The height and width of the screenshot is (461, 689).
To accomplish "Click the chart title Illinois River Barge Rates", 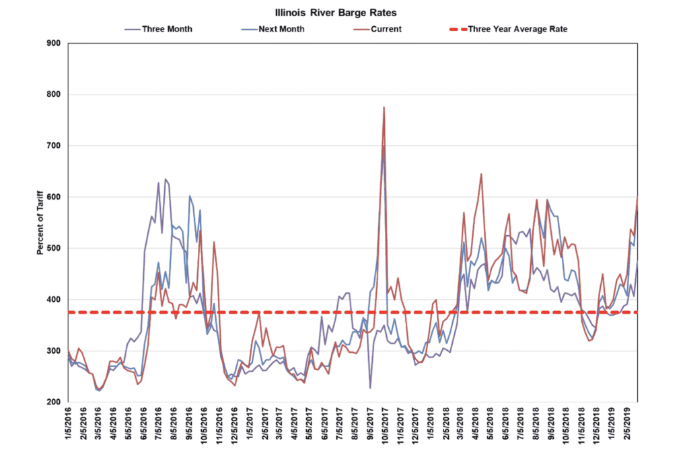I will pyautogui.click(x=344, y=13).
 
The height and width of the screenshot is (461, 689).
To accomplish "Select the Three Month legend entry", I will pyautogui.click(x=166, y=29).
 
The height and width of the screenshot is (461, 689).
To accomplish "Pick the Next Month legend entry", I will pyautogui.click(x=281, y=29).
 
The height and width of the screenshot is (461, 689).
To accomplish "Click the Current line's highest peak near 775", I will pyautogui.click(x=384, y=108).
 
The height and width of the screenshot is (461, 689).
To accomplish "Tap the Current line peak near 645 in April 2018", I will pyautogui.click(x=481, y=174).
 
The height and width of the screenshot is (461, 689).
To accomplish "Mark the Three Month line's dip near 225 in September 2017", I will pyautogui.click(x=370, y=388).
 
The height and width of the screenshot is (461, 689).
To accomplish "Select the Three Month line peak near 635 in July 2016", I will pyautogui.click(x=166, y=179).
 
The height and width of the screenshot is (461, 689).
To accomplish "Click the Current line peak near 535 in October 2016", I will pyautogui.click(x=201, y=230).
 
